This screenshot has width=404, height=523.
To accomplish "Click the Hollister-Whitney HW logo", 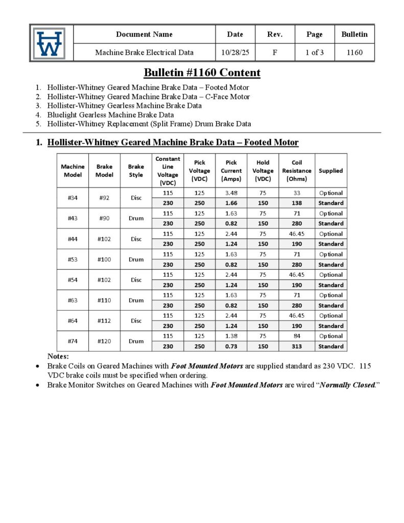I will [50, 43].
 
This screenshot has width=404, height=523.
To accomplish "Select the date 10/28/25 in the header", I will [235, 52].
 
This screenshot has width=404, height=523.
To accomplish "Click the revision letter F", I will [275, 52].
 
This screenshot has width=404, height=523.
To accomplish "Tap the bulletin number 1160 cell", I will [354, 52].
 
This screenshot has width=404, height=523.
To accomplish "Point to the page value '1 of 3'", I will [314, 52].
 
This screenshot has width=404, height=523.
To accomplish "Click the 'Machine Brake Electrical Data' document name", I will [145, 52].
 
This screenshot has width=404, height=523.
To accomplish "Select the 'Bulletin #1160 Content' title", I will [202, 73].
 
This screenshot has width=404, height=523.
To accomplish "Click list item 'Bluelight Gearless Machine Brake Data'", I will [110, 115].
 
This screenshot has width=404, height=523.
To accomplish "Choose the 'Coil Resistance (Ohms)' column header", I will [296, 171].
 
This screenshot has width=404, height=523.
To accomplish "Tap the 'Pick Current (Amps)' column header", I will [231, 171].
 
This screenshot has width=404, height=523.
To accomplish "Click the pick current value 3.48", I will [231, 193].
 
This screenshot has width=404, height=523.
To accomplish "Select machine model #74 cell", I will [73, 341].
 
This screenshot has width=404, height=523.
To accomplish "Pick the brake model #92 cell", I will [104, 198].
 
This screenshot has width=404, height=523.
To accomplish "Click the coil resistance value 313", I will [296, 346].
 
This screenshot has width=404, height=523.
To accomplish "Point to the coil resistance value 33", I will [296, 193].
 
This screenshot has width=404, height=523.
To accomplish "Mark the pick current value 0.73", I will [231, 346].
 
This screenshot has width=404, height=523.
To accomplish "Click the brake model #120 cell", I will [104, 341].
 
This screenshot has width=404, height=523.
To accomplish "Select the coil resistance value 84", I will [296, 336].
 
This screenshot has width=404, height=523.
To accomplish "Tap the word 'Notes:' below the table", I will [58, 356].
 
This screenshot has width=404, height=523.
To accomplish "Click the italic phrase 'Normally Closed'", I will [347, 385].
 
